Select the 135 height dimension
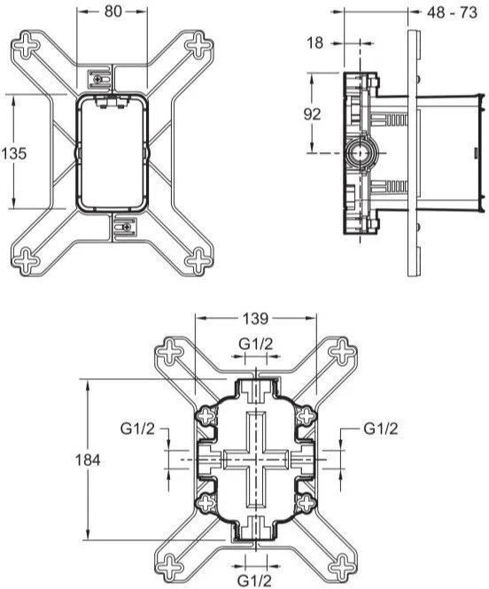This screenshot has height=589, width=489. (x=13, y=152)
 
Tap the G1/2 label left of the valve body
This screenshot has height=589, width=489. (x=138, y=429)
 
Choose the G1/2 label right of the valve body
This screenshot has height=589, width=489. (x=381, y=429)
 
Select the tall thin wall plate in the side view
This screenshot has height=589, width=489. (x=414, y=152)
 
